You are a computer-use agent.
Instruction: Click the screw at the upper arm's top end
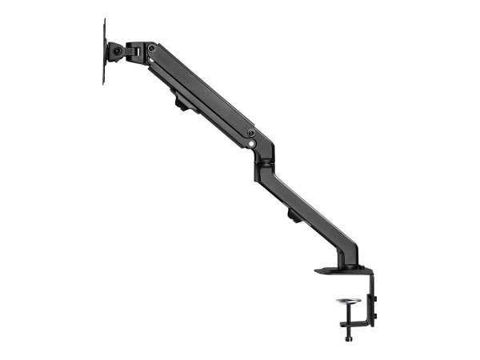(151, 49)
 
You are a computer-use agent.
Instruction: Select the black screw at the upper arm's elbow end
(250, 133)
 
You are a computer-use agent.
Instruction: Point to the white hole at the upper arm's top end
(150, 58)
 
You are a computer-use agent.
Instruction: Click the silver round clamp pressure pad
(349, 302)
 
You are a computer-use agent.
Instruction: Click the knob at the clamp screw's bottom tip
(349, 338)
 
